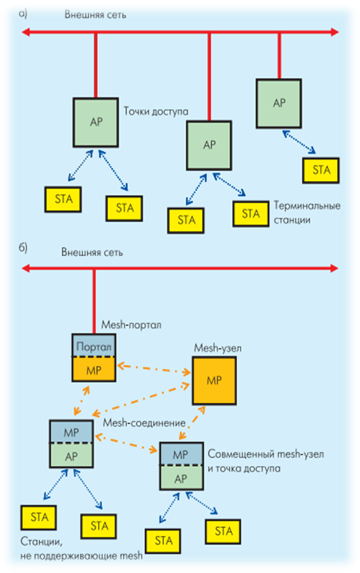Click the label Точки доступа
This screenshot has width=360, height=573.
click(156, 112)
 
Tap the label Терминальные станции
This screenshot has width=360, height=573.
click(307, 213)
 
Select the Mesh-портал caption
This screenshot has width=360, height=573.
click(132, 325)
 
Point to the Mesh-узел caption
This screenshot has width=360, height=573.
click(218, 348)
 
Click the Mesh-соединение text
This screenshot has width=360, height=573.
click(144, 423)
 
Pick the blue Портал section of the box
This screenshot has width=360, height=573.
click(94, 346)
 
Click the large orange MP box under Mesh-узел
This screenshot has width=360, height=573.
click(214, 381)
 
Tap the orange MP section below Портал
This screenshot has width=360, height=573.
click(94, 370)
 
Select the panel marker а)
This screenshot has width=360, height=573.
click(23, 14)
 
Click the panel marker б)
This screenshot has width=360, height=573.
click(23, 248)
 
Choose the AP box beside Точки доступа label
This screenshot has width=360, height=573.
click(95, 122)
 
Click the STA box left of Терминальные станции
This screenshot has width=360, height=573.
click(251, 213)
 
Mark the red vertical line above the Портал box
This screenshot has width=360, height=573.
click(94, 301)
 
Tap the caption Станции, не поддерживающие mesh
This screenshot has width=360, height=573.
click(81, 549)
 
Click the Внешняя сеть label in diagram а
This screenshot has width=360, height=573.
click(95, 15)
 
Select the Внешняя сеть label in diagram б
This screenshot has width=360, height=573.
click(92, 253)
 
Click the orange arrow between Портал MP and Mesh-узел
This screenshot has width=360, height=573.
click(153, 368)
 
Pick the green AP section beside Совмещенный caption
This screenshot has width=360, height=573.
click(182, 478)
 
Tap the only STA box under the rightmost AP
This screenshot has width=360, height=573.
click(321, 170)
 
